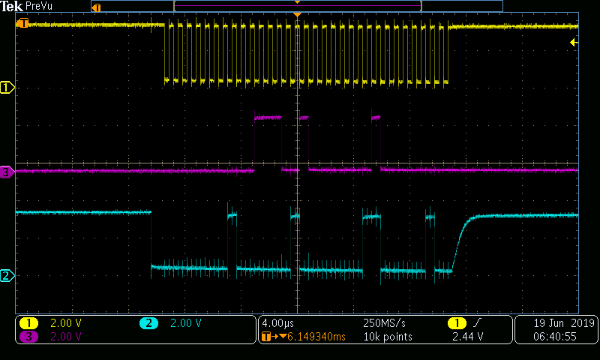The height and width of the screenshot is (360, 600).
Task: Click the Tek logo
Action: (11, 6)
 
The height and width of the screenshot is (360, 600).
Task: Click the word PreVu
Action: (39, 6)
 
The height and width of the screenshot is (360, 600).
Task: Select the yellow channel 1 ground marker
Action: (7, 88)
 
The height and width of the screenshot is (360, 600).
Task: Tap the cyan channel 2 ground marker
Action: (7, 275)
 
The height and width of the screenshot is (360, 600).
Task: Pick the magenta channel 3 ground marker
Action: (7, 172)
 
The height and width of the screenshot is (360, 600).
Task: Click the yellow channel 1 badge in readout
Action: (28, 323)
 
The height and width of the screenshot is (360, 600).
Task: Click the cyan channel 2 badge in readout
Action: (148, 323)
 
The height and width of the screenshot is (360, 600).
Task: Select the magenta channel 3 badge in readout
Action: (28, 337)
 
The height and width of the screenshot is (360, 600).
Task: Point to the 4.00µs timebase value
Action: (277, 323)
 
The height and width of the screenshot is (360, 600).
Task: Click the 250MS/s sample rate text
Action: (384, 323)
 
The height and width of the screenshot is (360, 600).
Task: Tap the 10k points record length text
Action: (388, 337)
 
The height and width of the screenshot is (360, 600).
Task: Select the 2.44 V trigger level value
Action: (467, 337)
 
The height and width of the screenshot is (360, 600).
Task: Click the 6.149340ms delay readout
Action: (316, 337)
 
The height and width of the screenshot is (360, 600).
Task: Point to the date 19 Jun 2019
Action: (564, 323)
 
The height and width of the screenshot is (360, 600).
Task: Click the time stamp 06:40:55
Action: (555, 337)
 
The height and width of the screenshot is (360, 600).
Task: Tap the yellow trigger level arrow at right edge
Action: (574, 42)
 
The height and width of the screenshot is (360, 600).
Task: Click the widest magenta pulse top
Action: (268, 117)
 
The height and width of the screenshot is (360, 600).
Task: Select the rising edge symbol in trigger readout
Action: (477, 323)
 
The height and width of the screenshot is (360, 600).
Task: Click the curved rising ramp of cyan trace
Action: (462, 241)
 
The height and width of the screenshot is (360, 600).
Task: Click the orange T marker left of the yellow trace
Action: (23, 23)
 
